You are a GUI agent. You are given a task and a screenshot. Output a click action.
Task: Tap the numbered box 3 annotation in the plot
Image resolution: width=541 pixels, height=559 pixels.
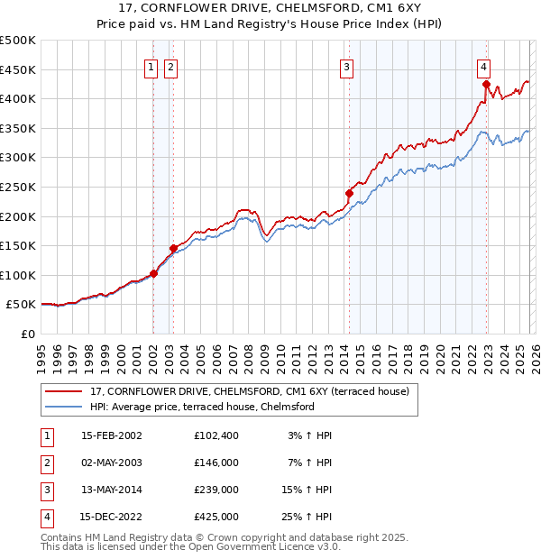(x=346, y=66)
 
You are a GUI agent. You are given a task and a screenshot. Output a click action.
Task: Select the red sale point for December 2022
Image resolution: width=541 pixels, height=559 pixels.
(x=486, y=85)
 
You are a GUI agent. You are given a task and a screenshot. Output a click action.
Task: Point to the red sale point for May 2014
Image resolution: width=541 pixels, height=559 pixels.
(x=349, y=193)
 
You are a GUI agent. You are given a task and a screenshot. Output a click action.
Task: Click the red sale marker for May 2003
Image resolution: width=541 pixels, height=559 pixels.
(x=173, y=248)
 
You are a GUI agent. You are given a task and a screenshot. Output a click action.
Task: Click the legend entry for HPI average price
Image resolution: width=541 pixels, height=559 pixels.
(x=202, y=407)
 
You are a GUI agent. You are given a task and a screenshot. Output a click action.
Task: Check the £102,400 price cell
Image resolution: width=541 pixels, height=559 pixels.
(x=216, y=435)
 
